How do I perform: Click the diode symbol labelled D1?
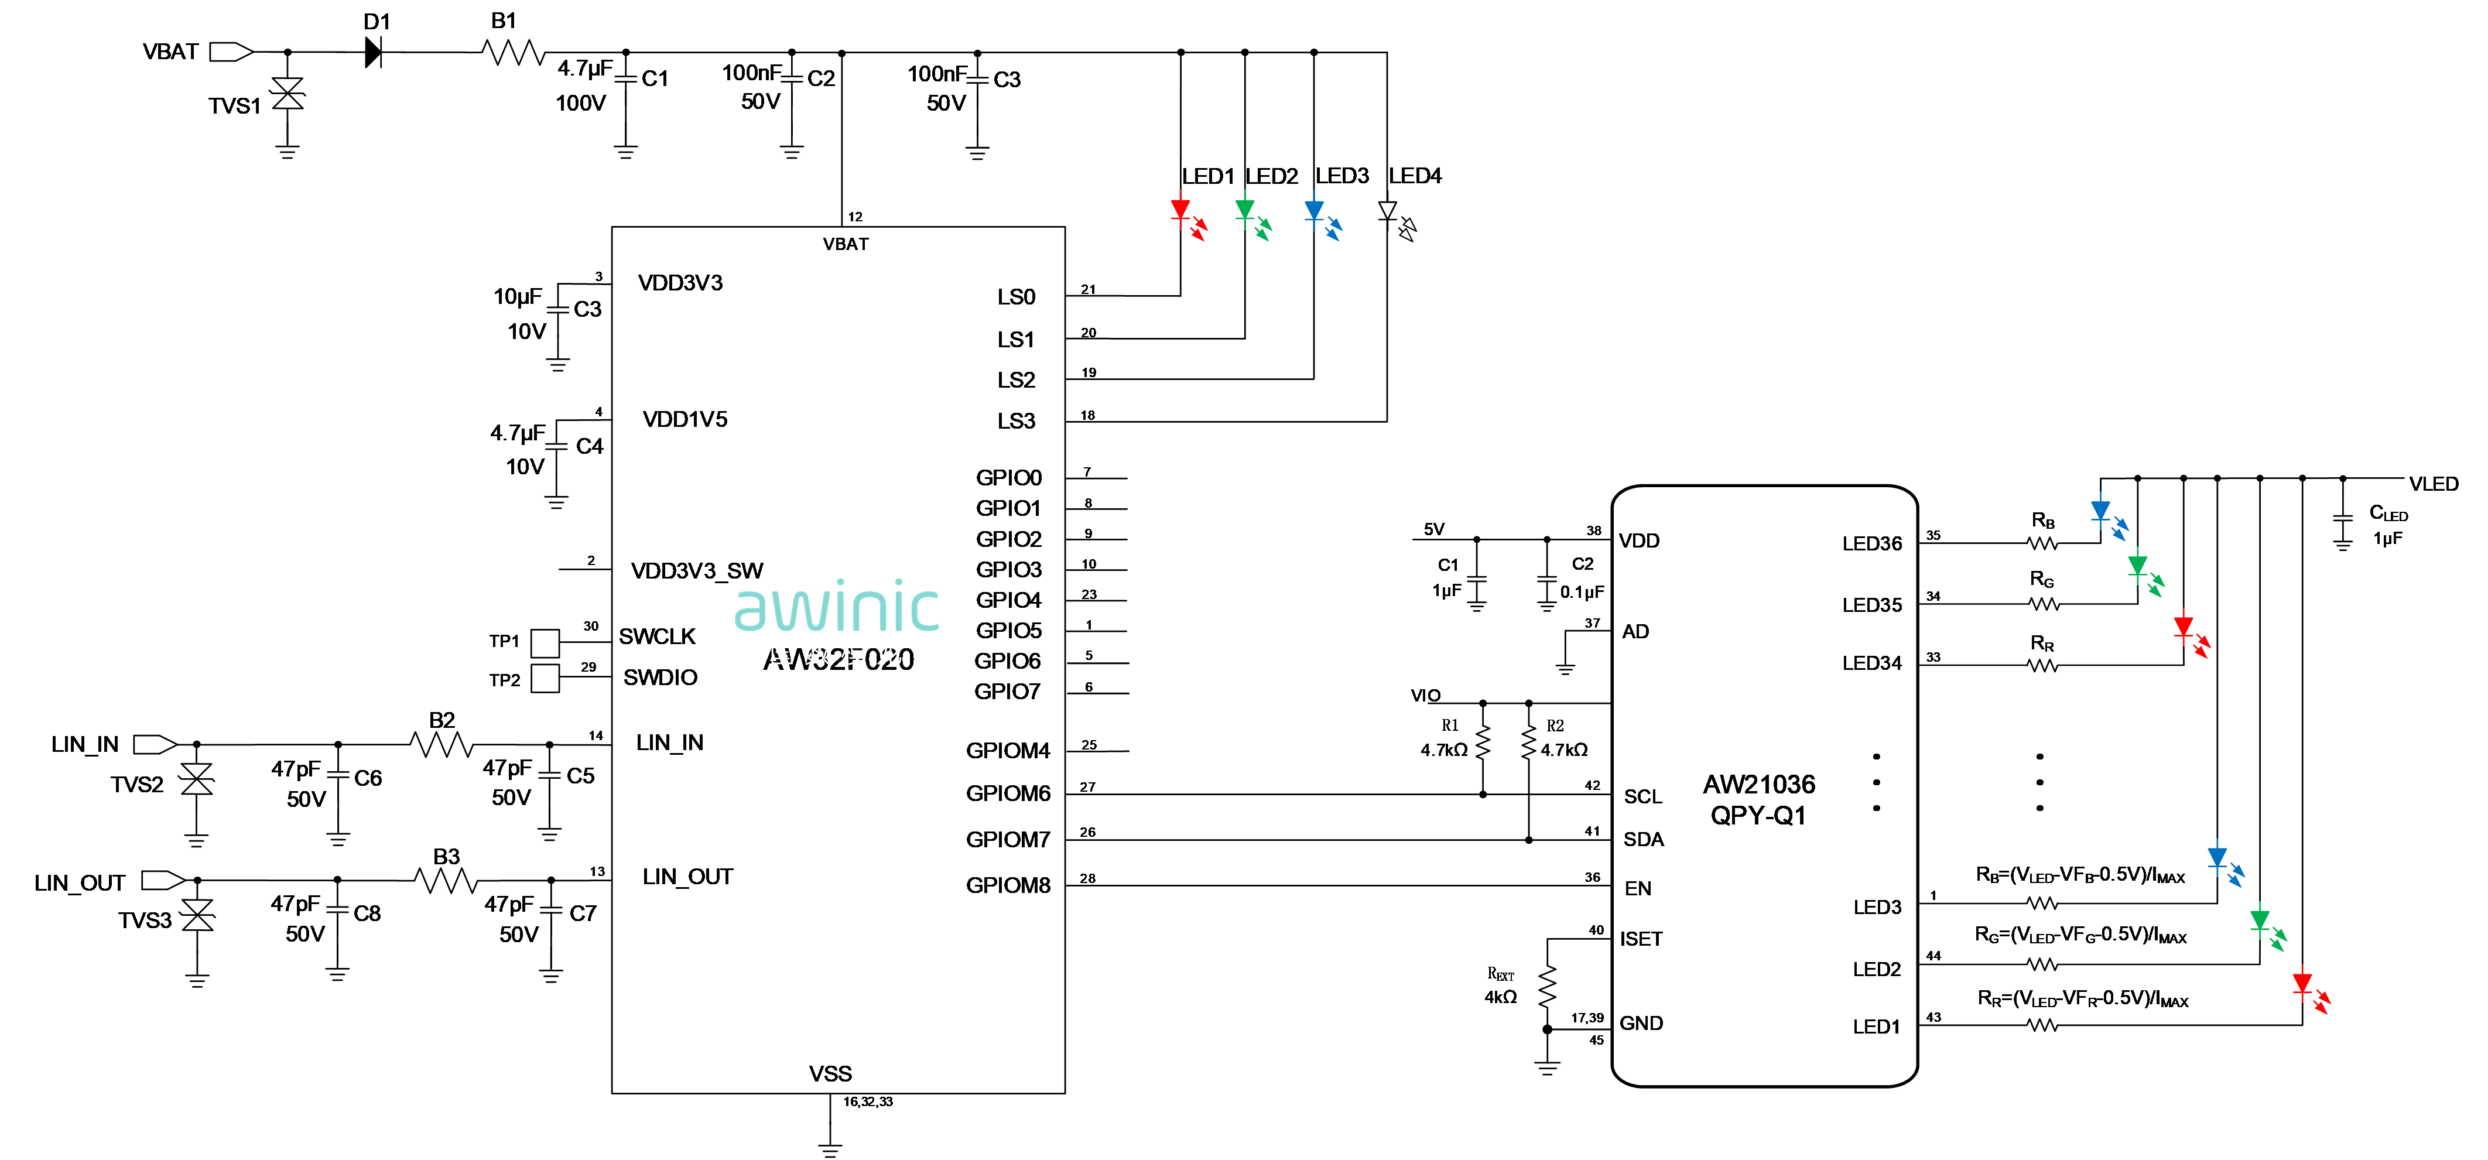click(x=373, y=52)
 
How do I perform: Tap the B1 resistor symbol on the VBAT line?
click(x=514, y=52)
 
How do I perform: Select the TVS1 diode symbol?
click(x=287, y=94)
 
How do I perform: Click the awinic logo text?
click(x=836, y=605)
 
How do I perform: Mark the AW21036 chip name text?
click(x=1759, y=784)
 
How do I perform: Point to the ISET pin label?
click(x=1641, y=939)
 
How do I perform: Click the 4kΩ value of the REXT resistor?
click(x=1500, y=997)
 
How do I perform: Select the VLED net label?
click(x=2433, y=484)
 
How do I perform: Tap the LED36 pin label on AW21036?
click(x=1872, y=544)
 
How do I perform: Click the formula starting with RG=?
click(x=2080, y=935)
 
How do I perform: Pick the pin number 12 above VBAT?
click(x=855, y=216)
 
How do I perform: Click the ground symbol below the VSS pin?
click(x=830, y=1148)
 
